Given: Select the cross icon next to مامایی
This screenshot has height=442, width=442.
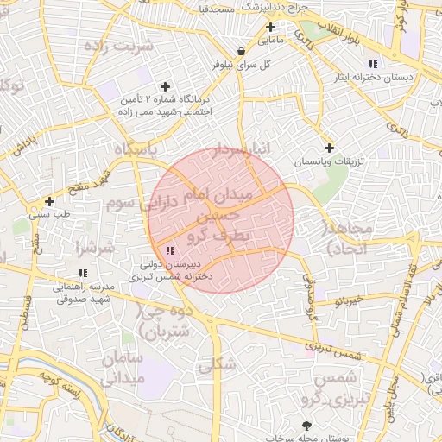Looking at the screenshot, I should click(271, 27).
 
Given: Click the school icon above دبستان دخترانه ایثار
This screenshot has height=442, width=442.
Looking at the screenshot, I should click(373, 65).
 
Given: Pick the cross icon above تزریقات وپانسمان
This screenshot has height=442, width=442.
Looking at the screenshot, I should click(329, 148).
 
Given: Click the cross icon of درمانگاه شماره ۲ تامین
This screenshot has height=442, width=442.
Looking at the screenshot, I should click(165, 87).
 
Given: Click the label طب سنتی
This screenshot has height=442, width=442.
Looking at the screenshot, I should click(47, 214).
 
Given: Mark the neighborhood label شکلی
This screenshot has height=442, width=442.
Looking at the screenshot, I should click(216, 365).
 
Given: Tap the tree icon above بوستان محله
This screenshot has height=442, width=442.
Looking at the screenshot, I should click(307, 425).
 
